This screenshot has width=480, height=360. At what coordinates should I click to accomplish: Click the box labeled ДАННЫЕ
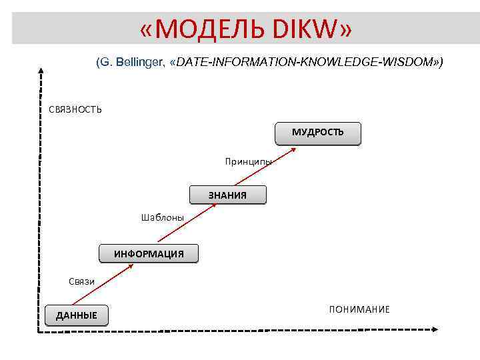point(76,315)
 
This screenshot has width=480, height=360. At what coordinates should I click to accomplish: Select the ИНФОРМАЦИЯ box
point(149,254)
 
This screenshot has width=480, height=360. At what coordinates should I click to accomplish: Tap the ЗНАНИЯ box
point(227,195)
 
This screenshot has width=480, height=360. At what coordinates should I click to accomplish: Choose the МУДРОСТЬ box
point(317,133)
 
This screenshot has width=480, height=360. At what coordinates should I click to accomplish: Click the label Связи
point(82,281)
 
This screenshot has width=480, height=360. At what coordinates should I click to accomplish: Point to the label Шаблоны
point(162,217)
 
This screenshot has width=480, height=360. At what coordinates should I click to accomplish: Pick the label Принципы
point(248,161)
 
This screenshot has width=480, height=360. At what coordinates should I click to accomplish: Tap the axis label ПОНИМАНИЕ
point(359,309)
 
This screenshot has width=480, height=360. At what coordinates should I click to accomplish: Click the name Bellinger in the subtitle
point(141,62)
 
